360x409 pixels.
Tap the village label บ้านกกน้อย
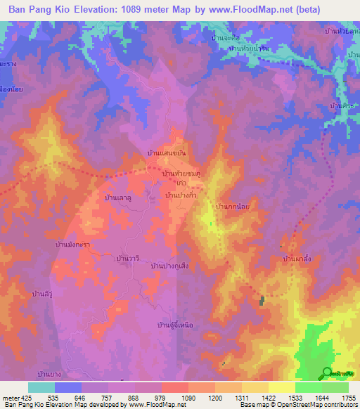click(x=233, y=207)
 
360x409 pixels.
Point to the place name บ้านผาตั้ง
click(x=296, y=259)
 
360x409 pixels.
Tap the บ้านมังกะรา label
click(x=75, y=245)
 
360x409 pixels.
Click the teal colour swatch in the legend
click(x=41, y=387)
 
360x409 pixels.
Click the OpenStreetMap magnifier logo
click(x=327, y=373)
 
